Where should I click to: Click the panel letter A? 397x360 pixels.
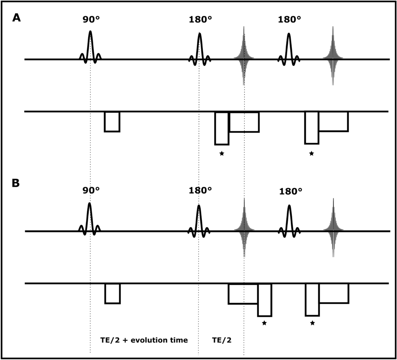17,18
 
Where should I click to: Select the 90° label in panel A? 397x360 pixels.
91,20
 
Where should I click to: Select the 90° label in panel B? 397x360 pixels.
91,190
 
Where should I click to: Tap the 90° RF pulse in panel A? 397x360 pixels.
90,46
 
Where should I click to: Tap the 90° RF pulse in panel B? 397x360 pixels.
89,218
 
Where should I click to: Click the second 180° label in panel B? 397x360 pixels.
290,191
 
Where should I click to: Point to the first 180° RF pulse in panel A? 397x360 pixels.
199,48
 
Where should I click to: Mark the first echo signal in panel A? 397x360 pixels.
244,56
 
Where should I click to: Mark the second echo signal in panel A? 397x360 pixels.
333,56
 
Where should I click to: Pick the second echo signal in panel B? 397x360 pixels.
333,228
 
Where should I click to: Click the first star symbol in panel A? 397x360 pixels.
222,153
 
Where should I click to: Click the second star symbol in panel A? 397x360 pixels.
311,153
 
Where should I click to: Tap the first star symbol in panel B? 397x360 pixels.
264,323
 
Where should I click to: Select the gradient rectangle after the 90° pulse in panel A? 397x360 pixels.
112,122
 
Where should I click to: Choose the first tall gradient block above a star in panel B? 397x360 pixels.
264,300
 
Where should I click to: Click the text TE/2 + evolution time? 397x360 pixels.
144,340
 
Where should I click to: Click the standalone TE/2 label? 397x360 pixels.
221,340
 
